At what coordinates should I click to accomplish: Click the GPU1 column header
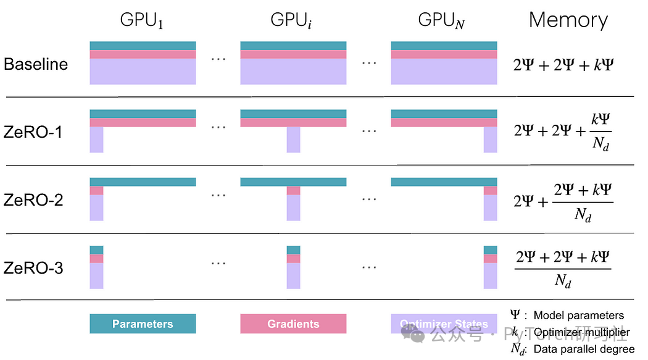coord(142,20)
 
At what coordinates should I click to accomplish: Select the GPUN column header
coord(441,20)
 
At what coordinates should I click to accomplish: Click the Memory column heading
coord(568,20)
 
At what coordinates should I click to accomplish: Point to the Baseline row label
coord(36,64)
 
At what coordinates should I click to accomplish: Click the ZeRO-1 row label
coord(33,132)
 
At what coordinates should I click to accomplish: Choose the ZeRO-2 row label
coord(33,200)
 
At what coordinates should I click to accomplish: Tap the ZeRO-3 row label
coord(33,269)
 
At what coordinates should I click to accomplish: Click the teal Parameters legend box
coord(143,324)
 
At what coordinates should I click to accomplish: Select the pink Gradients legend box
coord(293,324)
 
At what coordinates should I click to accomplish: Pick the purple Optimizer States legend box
coord(444,324)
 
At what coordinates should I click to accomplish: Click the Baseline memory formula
coord(563,64)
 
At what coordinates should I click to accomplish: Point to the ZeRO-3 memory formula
coord(563,267)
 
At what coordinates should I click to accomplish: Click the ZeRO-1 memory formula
coord(563,132)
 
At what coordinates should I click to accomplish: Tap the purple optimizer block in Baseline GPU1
coord(143,71)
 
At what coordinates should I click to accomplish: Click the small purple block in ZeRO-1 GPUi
coord(293,140)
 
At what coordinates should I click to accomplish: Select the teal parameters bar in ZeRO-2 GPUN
coord(444,182)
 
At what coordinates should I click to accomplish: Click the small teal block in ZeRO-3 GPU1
coord(96,249)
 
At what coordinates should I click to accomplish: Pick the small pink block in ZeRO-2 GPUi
coord(293,190)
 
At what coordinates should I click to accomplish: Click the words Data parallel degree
coord(584,350)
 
